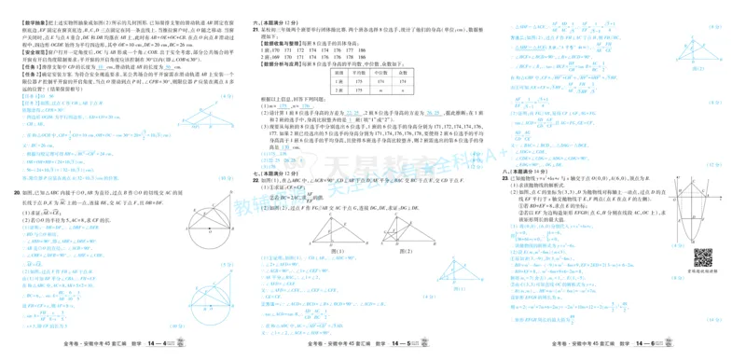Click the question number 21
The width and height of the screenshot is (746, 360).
point(258,30)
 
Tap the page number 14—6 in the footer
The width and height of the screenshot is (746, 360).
point(672,351)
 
